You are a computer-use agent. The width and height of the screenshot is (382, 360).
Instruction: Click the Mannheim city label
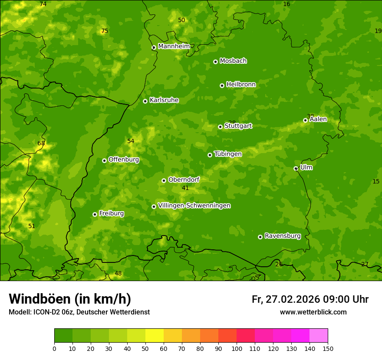click(x=174, y=46)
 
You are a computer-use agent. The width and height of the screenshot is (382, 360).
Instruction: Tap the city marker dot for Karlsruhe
click(x=145, y=101)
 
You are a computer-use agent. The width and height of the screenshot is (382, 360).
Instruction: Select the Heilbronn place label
click(x=241, y=85)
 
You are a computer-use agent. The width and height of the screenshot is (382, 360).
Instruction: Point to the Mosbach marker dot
click(x=215, y=62)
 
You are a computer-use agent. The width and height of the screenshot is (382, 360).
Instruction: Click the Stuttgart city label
click(x=238, y=126)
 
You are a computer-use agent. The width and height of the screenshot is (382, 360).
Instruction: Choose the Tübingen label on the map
click(x=228, y=154)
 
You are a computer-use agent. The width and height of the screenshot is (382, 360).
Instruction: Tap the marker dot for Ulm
click(x=296, y=168)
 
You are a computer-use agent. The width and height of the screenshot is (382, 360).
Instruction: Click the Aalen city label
click(x=318, y=119)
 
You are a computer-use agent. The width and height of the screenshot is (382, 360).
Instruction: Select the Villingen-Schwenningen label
click(x=194, y=206)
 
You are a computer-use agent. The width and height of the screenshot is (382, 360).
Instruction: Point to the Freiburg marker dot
click(x=95, y=214)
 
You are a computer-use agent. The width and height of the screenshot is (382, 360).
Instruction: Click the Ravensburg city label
click(x=283, y=236)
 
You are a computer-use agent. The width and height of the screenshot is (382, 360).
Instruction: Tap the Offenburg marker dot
click(x=104, y=160)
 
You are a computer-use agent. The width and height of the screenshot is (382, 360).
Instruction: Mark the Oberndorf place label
click(x=184, y=180)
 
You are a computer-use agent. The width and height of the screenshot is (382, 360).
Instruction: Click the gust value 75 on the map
click(x=104, y=31)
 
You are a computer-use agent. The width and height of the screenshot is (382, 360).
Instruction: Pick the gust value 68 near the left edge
click(x=41, y=144)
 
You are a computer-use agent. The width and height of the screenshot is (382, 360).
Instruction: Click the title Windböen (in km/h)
click(x=70, y=299)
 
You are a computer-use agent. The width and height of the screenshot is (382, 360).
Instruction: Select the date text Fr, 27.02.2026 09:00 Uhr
click(x=310, y=299)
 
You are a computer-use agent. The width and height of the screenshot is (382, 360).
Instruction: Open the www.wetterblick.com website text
click(x=313, y=312)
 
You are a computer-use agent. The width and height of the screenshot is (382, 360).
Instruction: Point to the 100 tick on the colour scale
click(x=237, y=348)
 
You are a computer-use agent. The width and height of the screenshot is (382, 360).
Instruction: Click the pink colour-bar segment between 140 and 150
click(x=319, y=335)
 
